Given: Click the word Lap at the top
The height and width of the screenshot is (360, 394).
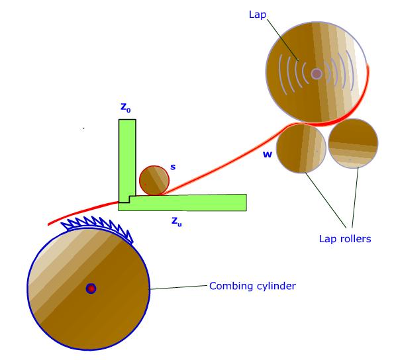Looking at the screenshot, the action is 258,15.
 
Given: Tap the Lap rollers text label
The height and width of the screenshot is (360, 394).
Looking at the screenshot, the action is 345,238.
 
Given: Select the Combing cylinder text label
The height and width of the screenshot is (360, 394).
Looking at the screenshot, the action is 252,286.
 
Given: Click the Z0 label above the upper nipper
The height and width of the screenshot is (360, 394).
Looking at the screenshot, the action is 125,108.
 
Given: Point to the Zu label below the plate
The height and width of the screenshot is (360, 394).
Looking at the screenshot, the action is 176,222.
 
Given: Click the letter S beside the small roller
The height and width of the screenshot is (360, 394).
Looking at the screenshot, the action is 173,167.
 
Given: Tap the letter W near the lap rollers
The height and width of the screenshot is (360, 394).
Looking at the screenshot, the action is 268,154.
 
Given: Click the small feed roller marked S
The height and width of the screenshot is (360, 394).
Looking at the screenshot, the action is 154,180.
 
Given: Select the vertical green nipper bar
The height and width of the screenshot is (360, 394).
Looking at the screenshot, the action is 127,161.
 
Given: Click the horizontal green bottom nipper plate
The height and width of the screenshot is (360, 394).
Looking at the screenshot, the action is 182,203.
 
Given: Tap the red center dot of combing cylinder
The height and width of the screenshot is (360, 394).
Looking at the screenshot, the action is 91,289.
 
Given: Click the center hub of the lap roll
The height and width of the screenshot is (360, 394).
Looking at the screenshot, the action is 317,74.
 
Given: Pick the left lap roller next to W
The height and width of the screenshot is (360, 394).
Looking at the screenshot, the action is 301,149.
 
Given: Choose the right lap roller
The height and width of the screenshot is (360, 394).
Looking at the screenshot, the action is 353,144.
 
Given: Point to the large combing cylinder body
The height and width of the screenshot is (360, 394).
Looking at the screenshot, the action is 89,289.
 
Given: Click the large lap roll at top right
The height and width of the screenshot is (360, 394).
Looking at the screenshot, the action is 317,72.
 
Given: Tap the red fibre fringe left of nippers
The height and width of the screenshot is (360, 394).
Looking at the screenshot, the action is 83,212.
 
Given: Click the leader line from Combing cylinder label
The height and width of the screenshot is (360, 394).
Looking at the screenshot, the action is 179,287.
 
